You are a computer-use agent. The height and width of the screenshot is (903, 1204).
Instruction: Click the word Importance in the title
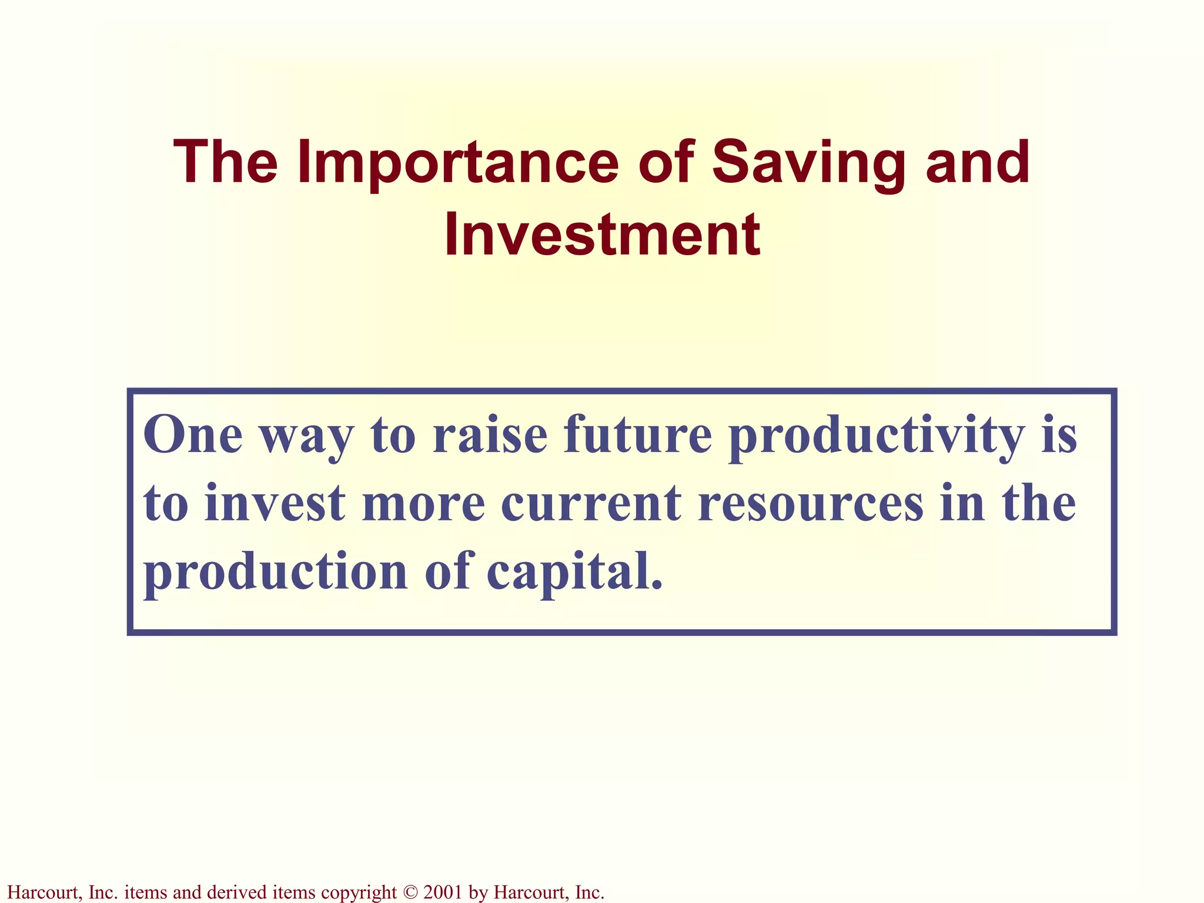pyautogui.click(x=458, y=163)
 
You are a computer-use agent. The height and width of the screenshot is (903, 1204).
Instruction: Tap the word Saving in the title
pyautogui.click(x=809, y=163)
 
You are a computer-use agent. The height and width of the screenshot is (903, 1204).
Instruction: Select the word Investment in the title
pyautogui.click(x=602, y=236)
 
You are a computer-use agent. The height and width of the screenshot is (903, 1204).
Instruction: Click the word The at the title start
pyautogui.click(x=226, y=163)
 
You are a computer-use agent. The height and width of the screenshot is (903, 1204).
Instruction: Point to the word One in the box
pyautogui.click(x=193, y=436)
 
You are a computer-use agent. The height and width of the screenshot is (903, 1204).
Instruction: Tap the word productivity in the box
pyautogui.click(x=877, y=436)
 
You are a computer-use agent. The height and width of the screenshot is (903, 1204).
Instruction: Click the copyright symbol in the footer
pyautogui.click(x=410, y=892)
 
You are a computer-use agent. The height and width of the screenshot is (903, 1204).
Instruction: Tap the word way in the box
pyautogui.click(x=307, y=436)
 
